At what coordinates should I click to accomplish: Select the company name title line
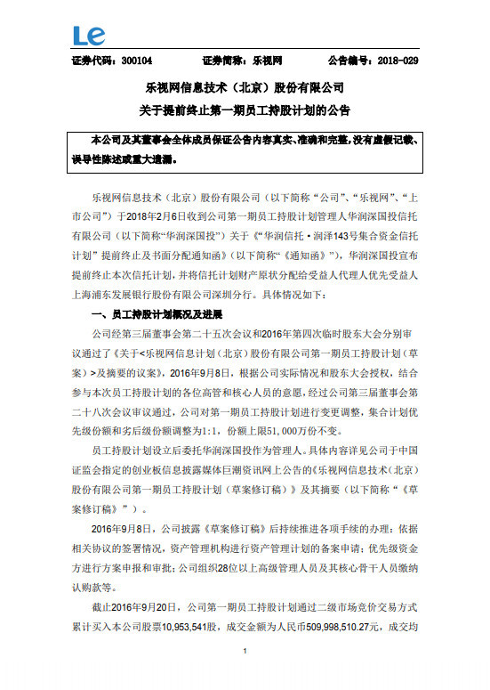click(x=244, y=89)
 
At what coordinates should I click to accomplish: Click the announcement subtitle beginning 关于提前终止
click(x=244, y=110)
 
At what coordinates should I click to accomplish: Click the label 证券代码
click(x=88, y=61)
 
